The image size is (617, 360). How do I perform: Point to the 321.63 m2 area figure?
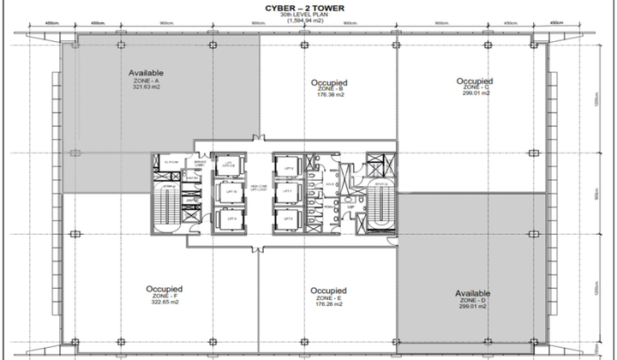click(147, 87)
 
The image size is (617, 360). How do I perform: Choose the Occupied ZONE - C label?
click(475, 82)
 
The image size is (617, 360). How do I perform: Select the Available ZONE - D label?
click(474, 299)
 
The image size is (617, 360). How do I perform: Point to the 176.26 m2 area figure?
click(328, 304)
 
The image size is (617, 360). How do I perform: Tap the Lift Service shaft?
click(229, 165)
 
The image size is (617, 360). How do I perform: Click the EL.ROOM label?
click(170, 160)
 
